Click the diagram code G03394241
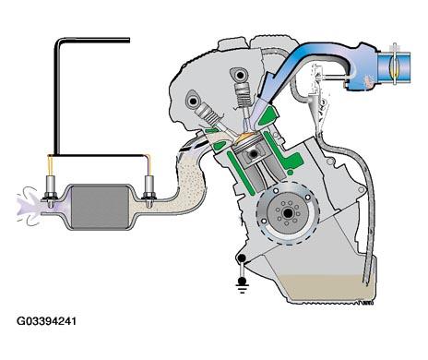[x=46, y=321]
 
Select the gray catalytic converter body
[x=100, y=207]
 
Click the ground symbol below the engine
[x=242, y=284]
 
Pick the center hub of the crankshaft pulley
[x=288, y=212]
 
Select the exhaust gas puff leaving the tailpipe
[x=29, y=206]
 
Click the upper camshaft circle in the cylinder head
[x=240, y=75]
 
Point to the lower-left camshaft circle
[x=194, y=101]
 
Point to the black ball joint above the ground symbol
[x=242, y=258]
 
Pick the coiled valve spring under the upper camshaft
[x=242, y=91]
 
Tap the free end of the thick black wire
[x=128, y=40]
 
